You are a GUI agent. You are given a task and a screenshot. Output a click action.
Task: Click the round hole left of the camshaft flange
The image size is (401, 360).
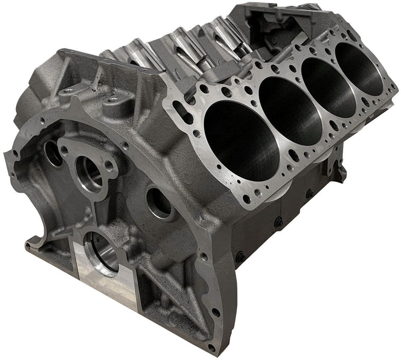click(x=51, y=152)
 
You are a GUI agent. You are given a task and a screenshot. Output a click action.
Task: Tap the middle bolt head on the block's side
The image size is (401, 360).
click(x=278, y=222)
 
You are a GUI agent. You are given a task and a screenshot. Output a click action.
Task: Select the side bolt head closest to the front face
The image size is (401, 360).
click(x=240, y=256)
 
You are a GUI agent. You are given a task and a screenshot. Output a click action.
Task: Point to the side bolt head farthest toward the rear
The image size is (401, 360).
click(x=310, y=194)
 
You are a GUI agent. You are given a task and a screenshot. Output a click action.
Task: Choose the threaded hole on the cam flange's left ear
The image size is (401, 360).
click(x=64, y=150)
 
